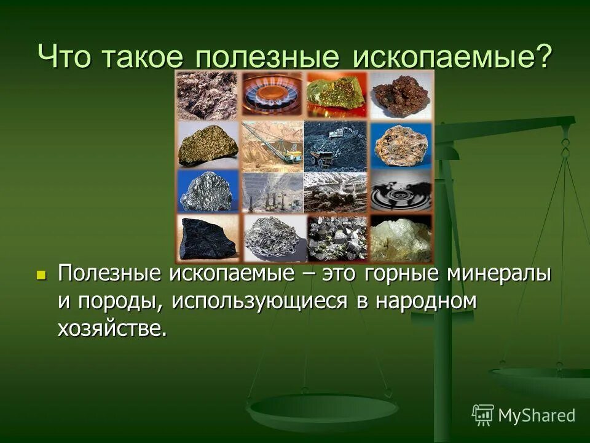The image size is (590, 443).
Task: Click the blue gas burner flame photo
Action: tap(272, 94)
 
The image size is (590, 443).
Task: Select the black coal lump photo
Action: tap(207, 238)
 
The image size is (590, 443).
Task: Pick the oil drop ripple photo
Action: tap(401, 191)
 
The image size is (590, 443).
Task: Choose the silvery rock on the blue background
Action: tap(207, 191)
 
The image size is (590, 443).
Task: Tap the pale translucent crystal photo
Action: tap(401, 238)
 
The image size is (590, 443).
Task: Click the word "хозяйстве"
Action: tap(112, 328)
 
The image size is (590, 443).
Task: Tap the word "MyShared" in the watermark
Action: tap(537, 415)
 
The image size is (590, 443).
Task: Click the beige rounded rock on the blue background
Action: tap(401, 145)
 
